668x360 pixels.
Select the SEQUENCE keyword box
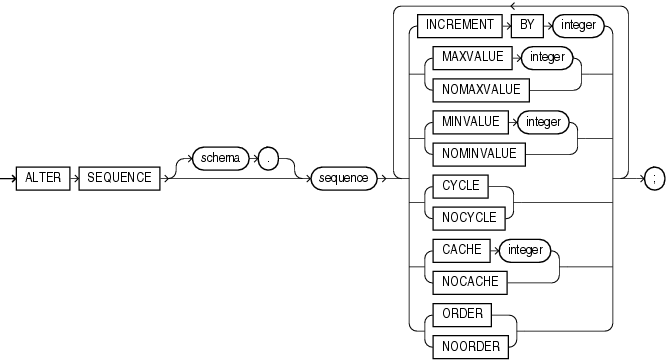coord(116,178)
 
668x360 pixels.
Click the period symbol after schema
coord(270,159)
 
